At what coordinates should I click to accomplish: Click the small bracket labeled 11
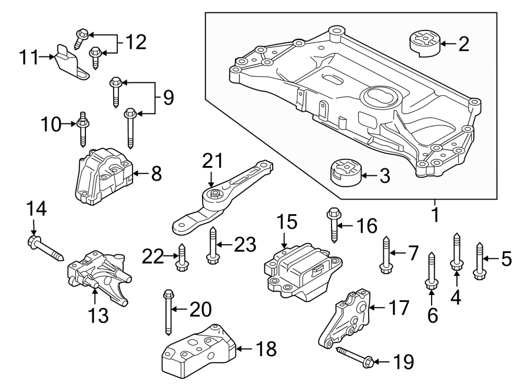(x=71, y=61)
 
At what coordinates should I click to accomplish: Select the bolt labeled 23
(x=212, y=247)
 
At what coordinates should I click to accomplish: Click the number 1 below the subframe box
(x=435, y=216)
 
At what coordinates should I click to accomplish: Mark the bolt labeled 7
(x=386, y=254)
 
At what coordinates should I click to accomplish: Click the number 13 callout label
(x=98, y=317)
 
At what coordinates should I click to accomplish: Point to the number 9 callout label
(x=169, y=97)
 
